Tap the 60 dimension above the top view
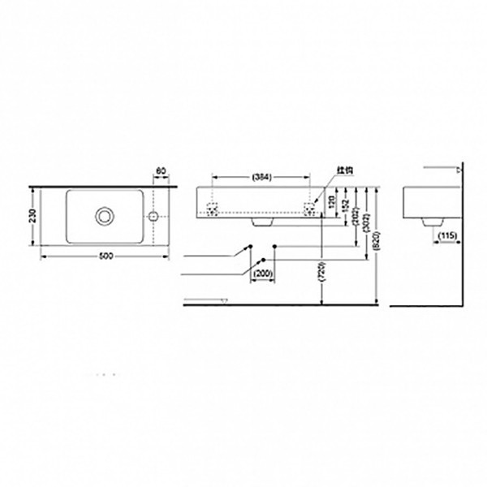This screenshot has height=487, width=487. (x=160, y=171)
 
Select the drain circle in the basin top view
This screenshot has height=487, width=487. (x=104, y=217)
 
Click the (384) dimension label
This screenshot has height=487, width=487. (x=261, y=176)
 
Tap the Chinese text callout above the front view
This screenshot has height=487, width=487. (x=345, y=170)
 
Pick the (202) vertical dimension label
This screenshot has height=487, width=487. (x=359, y=213)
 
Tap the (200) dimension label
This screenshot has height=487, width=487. (x=262, y=274)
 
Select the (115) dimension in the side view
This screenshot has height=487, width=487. (x=446, y=235)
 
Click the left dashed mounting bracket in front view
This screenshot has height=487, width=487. (x=213, y=208)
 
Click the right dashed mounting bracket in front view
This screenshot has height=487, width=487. (x=310, y=208)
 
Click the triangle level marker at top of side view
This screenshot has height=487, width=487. (x=459, y=170)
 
